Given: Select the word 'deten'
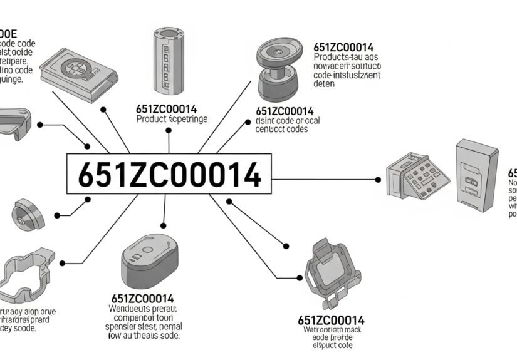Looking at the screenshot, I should [325, 83].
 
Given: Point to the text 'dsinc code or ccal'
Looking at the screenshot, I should [288, 121].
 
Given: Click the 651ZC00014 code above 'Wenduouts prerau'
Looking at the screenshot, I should [143, 298].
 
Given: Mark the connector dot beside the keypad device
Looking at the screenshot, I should [378, 180].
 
